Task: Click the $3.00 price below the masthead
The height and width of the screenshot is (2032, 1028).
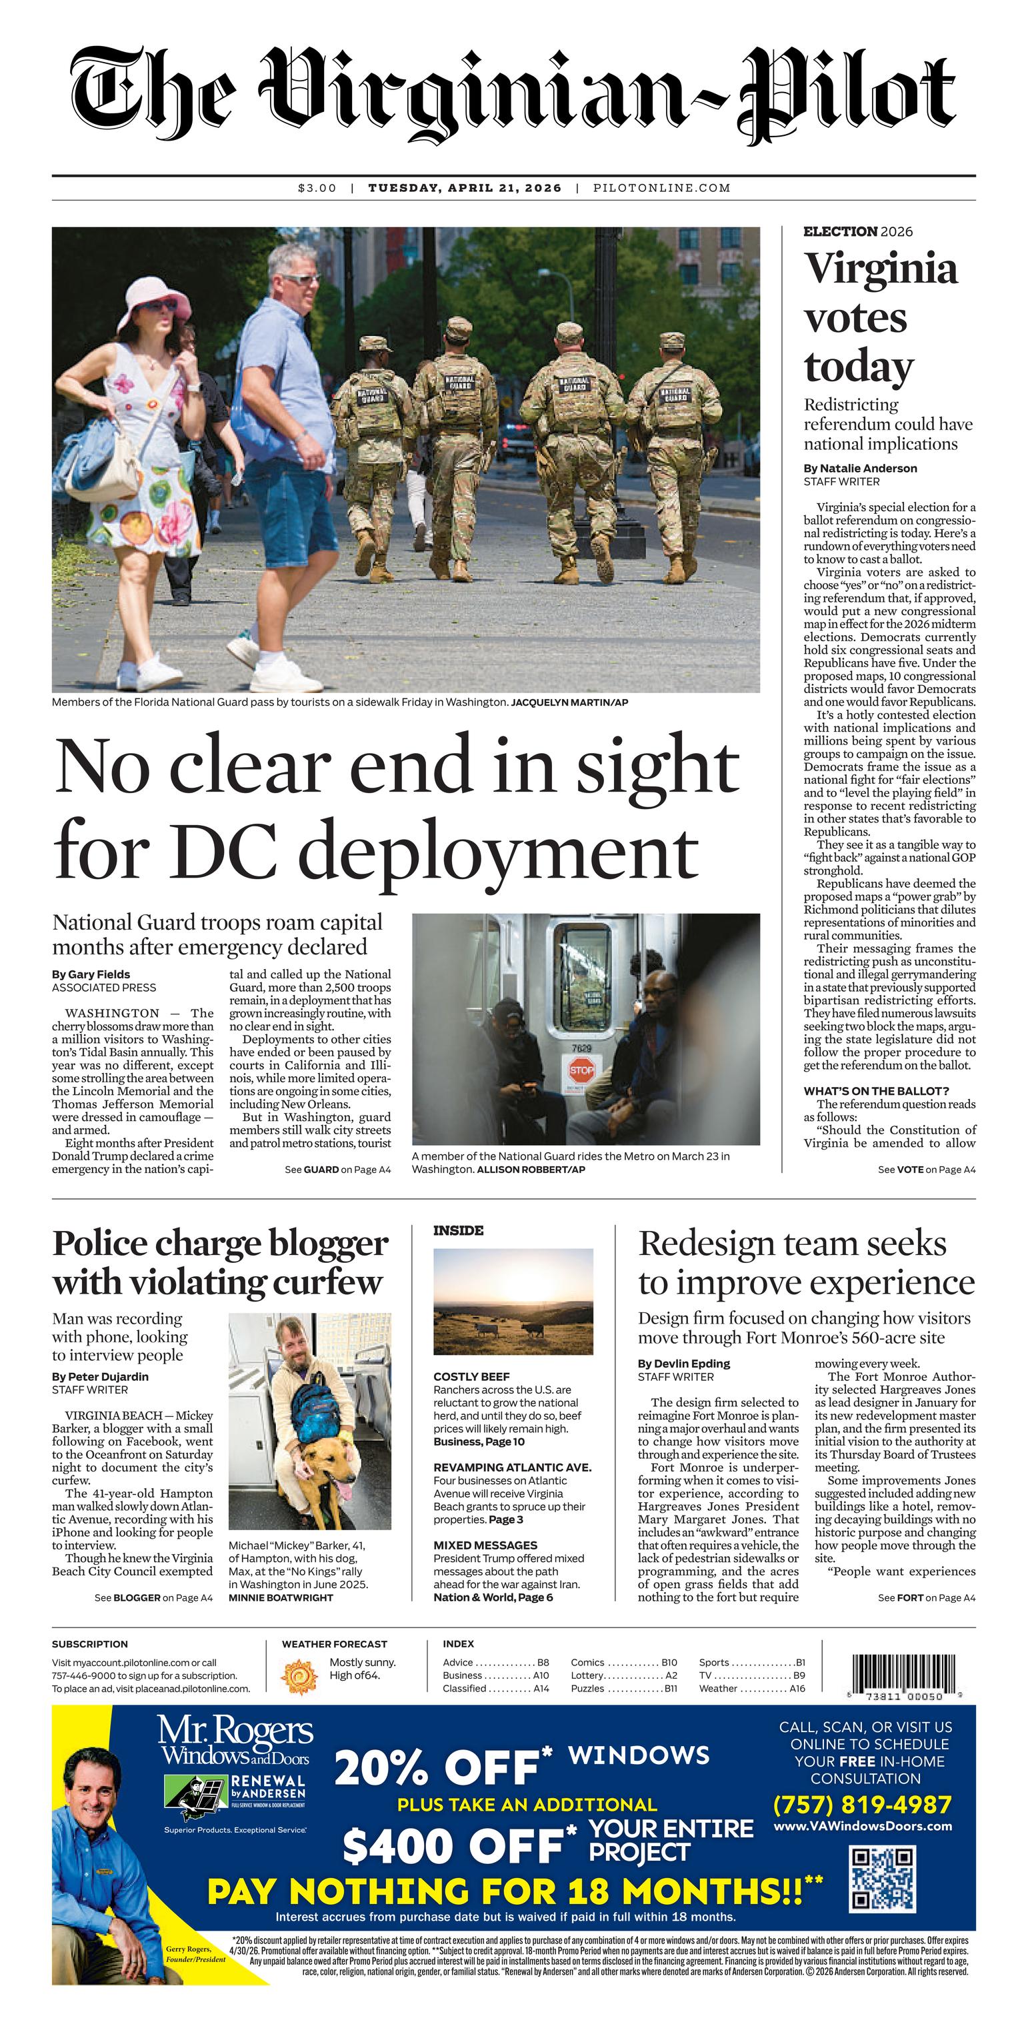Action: click(317, 188)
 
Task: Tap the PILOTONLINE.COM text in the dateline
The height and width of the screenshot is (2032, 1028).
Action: click(661, 188)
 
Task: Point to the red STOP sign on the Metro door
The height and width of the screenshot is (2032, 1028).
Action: click(581, 1070)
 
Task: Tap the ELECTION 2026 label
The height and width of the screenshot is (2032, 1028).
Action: click(857, 232)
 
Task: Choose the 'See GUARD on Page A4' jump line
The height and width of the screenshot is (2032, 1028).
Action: click(338, 1169)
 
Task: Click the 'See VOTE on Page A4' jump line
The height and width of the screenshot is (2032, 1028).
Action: click(926, 1169)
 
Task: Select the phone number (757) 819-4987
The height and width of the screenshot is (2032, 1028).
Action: click(862, 1805)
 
